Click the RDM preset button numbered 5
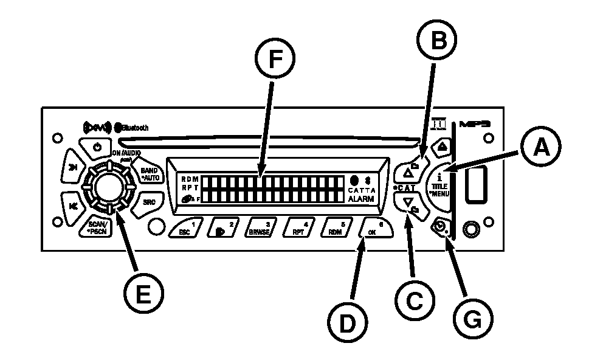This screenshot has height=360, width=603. pyautogui.click(x=336, y=229)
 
